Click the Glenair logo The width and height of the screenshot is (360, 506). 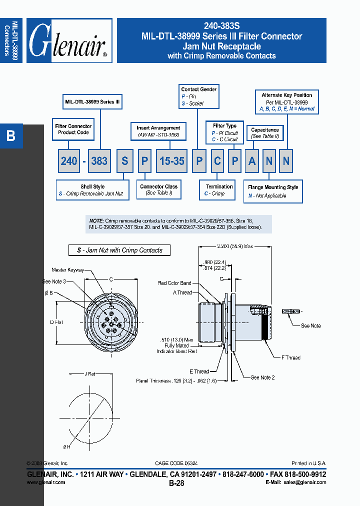[x=69, y=41]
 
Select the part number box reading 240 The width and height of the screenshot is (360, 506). [x=69, y=161]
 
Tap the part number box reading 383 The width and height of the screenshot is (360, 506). [x=99, y=161]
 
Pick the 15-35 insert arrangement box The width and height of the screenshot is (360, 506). [x=171, y=161]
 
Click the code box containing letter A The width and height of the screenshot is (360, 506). [x=252, y=161]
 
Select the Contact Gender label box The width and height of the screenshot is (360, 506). [x=198, y=96]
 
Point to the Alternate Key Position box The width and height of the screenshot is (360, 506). [x=286, y=101]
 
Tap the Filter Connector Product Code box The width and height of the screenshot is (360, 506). [x=73, y=129]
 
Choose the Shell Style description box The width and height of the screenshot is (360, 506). [x=92, y=190]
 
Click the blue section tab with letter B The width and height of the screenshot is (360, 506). [x=11, y=136]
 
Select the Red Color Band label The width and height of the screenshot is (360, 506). [x=174, y=283]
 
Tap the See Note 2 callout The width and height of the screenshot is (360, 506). [x=262, y=377]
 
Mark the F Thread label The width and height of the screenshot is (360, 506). [x=290, y=357]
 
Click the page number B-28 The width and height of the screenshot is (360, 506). [x=176, y=483]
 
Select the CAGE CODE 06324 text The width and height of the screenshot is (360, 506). [x=179, y=463]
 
